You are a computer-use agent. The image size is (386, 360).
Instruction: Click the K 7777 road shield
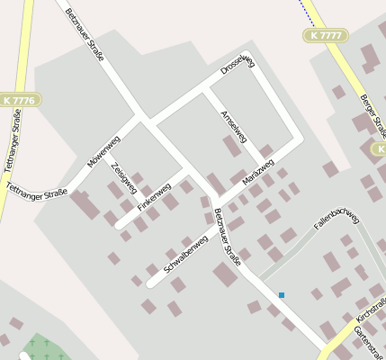(x=323, y=35)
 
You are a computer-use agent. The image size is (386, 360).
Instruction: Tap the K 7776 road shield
(x=18, y=100)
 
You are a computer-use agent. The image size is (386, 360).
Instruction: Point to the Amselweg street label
(x=232, y=127)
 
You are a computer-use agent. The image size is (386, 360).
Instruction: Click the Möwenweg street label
(x=103, y=152)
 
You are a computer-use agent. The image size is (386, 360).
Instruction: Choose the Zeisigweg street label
(x=123, y=177)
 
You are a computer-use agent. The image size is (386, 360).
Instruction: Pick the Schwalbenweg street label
(x=187, y=254)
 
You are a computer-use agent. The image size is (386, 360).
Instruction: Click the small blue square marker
(x=282, y=295)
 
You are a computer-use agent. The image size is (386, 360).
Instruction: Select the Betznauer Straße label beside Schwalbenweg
(x=228, y=237)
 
